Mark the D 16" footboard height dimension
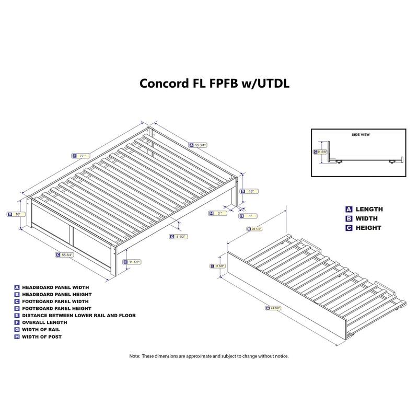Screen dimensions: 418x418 point(17,214)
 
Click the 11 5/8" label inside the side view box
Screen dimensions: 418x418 point(322,152)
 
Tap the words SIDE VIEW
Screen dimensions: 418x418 point(360,134)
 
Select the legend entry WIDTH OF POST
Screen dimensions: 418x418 point(42,336)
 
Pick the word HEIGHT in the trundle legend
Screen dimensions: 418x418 point(368,228)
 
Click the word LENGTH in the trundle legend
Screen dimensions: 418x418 point(369,209)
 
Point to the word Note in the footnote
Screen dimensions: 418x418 point(134,356)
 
